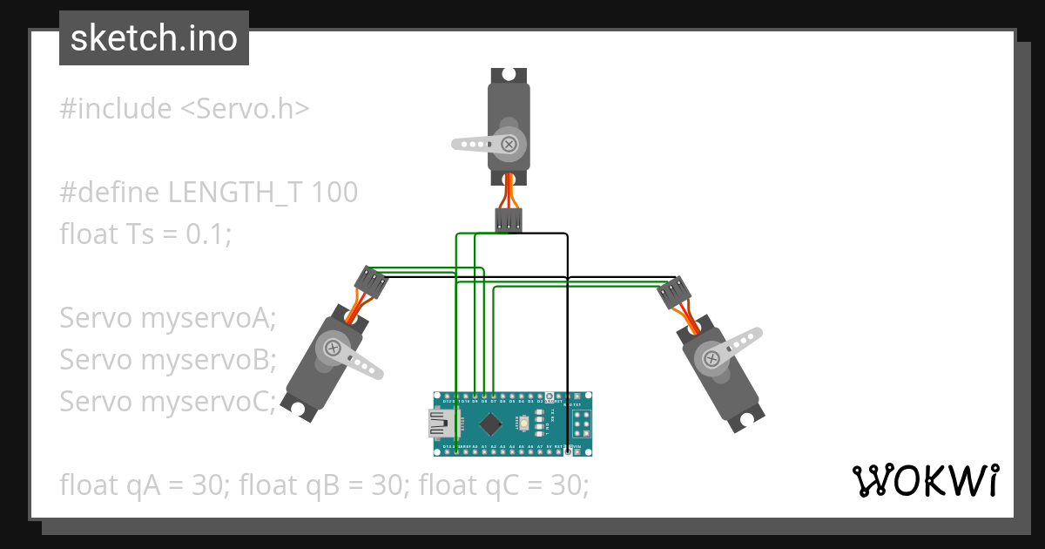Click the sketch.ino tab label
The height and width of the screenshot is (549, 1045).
153,38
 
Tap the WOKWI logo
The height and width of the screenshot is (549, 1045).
924,480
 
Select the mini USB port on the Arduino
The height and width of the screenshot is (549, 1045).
444,424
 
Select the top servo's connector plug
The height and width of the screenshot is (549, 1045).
509,220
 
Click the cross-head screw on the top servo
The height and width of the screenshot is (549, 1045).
509,142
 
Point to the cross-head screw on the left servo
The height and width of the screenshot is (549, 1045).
333,348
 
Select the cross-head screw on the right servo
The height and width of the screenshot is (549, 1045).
711,356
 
